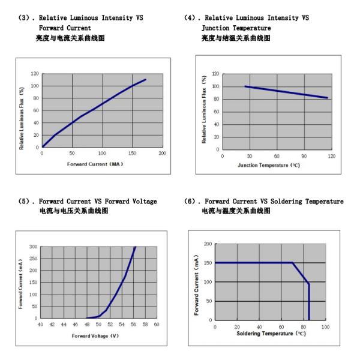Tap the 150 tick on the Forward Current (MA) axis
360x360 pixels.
tap(132, 153)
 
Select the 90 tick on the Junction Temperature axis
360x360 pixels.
tap(304, 156)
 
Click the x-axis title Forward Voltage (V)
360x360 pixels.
tap(95, 335)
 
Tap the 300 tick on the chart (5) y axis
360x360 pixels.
tap(34, 247)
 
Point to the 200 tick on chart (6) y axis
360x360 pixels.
tap(208, 244)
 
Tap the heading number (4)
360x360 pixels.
tap(191, 18)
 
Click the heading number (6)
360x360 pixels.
tap(191, 202)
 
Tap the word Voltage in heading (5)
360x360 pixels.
tap(142, 202)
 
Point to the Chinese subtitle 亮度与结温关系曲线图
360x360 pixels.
tap(235, 38)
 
